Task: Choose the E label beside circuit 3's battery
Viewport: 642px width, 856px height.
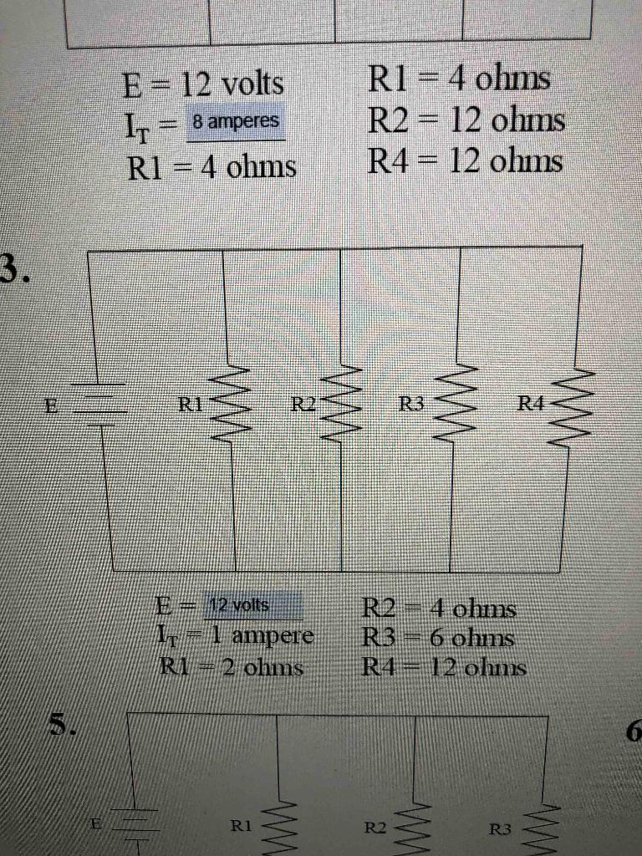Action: (x=52, y=406)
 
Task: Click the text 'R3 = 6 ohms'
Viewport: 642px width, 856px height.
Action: (x=436, y=639)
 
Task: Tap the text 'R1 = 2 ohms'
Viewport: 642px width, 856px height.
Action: (x=230, y=667)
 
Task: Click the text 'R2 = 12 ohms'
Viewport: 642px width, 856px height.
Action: (x=467, y=122)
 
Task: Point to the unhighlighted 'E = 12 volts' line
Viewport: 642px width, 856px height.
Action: (x=202, y=84)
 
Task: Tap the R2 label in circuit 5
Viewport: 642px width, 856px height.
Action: (x=375, y=828)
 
